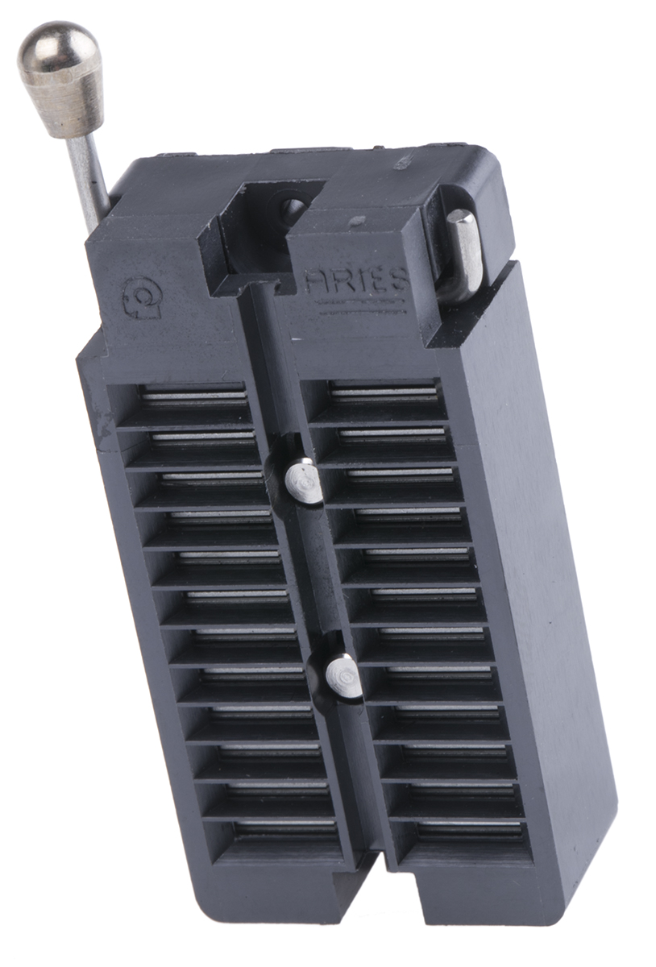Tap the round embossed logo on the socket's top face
pos(142,297)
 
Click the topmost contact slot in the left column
pos(193,396)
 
